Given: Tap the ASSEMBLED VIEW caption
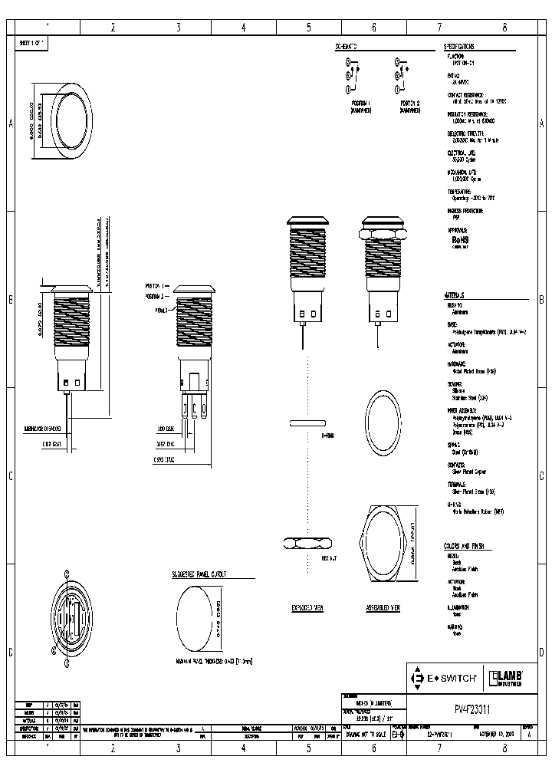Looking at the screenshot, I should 385,608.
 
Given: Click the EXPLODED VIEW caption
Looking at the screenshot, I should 307,608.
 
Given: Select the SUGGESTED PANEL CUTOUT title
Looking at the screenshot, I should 203,574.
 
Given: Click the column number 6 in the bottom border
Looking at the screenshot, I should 374,745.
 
